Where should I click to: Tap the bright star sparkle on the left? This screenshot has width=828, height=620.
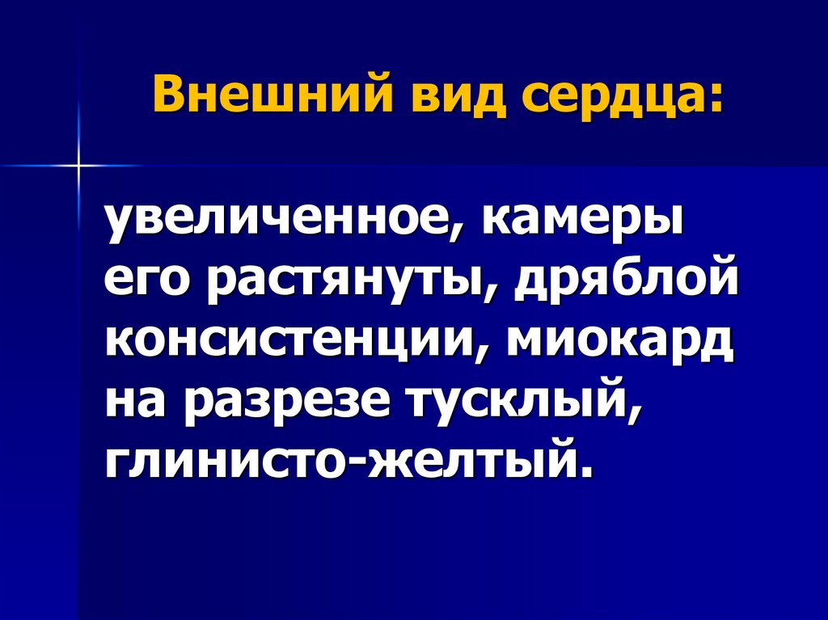(x=78, y=166)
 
